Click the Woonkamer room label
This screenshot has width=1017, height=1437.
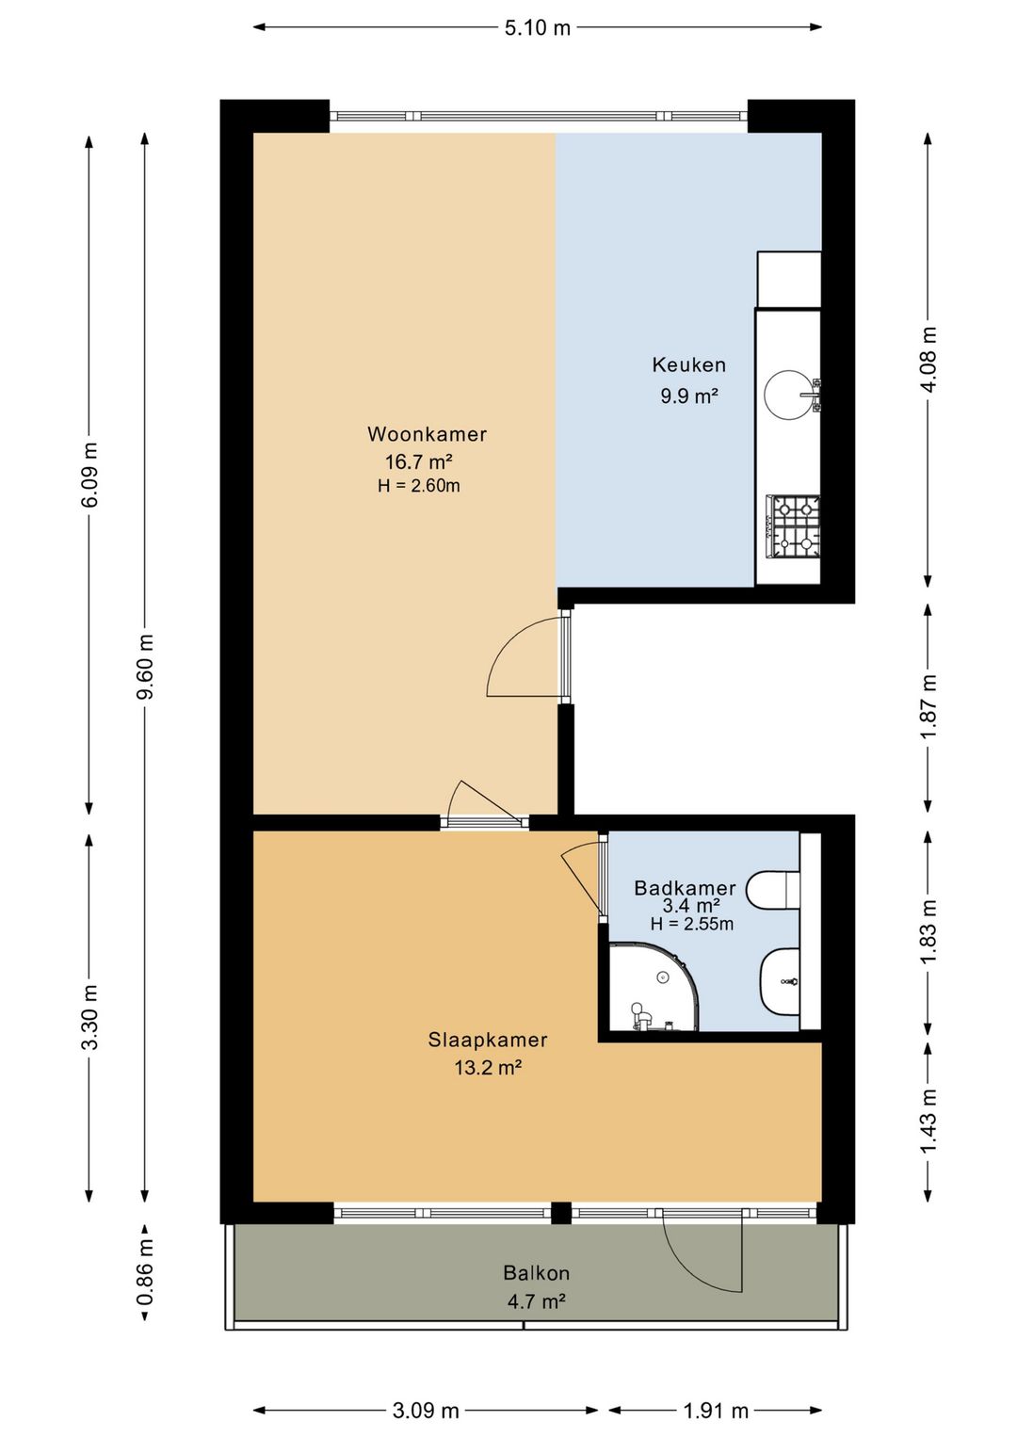pos(427,434)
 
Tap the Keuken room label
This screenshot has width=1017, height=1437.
pos(689,365)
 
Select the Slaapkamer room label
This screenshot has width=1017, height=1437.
pos(488,1040)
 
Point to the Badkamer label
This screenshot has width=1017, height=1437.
pos(685,888)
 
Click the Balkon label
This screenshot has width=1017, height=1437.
pos(537,1272)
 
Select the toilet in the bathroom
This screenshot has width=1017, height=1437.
pos(774,889)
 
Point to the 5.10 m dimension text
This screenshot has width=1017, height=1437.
pos(537,27)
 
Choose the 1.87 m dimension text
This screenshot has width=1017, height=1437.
pos(928,706)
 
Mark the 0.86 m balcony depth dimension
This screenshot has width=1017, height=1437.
pos(146,1272)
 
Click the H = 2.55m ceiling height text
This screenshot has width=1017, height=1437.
pos(692,924)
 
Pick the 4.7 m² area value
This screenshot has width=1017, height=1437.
pos(537,1301)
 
